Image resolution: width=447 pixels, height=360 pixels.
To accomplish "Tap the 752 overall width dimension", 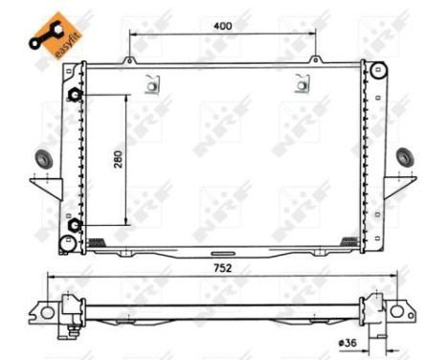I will [x=223, y=268].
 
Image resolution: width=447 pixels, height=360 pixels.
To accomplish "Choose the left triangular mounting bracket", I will [x=46, y=186].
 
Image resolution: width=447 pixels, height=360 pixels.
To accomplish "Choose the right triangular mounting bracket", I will [x=400, y=186].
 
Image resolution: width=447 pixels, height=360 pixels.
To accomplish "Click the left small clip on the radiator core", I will [x=151, y=86].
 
